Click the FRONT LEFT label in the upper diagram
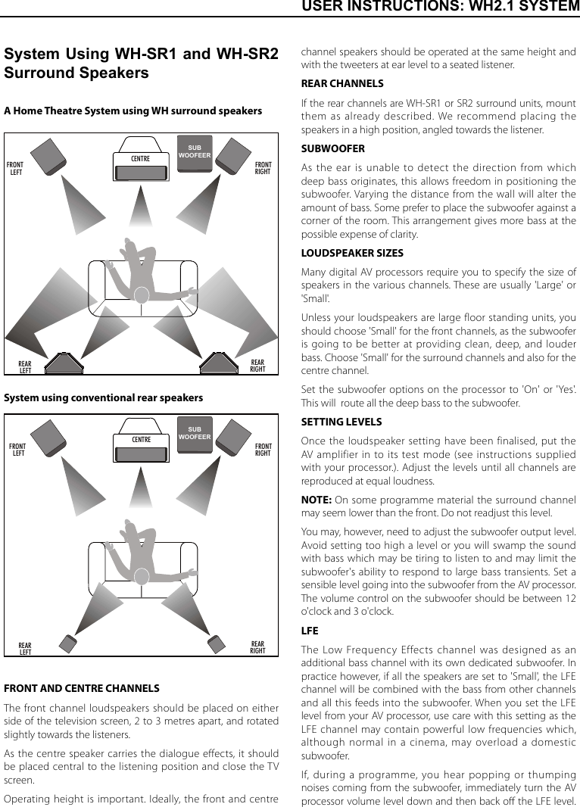click(x=15, y=168)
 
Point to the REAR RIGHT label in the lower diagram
click(x=257, y=647)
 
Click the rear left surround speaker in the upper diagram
click(x=64, y=363)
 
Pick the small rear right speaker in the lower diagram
click(x=216, y=643)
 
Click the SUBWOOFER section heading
click(x=332, y=148)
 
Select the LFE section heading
click(x=310, y=631)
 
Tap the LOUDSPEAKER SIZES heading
click(x=352, y=253)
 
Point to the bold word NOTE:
click(x=316, y=500)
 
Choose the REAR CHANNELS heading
click(x=342, y=83)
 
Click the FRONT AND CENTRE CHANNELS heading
click(x=82, y=688)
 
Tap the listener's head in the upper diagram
click(x=141, y=294)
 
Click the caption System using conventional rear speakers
click(x=104, y=397)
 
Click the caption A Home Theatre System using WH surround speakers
click(x=133, y=111)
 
